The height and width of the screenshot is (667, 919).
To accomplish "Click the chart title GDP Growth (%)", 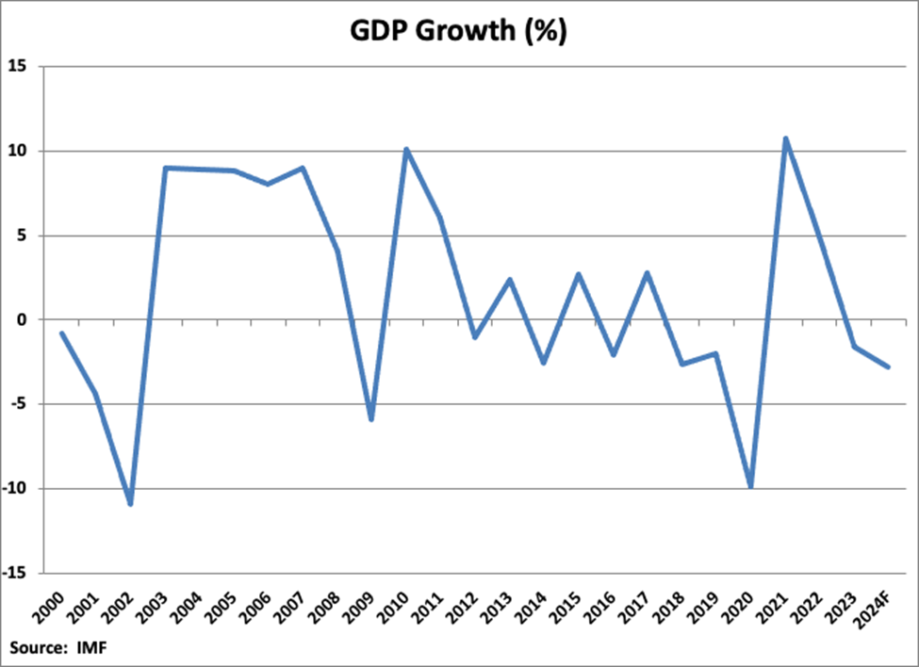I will click(458, 30).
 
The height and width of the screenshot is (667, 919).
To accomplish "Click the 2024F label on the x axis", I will click(878, 607).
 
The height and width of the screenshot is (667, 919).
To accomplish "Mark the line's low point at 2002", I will click(130, 504).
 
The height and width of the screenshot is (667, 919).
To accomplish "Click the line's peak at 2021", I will click(785, 139).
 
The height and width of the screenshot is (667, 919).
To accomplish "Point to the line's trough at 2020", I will click(751, 486).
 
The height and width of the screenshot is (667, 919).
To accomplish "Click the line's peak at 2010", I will click(406, 149).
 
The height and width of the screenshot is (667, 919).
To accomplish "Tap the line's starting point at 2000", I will click(61, 333).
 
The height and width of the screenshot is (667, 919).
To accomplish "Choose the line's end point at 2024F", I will click(888, 366).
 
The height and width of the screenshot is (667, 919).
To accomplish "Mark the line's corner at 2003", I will click(165, 168).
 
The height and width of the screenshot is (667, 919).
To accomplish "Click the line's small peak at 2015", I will click(579, 274).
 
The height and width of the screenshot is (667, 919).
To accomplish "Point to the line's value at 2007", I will click(303, 168).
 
